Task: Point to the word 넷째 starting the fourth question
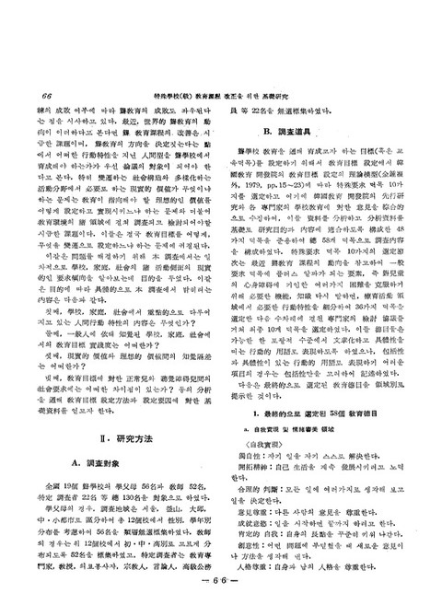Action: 64,372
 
